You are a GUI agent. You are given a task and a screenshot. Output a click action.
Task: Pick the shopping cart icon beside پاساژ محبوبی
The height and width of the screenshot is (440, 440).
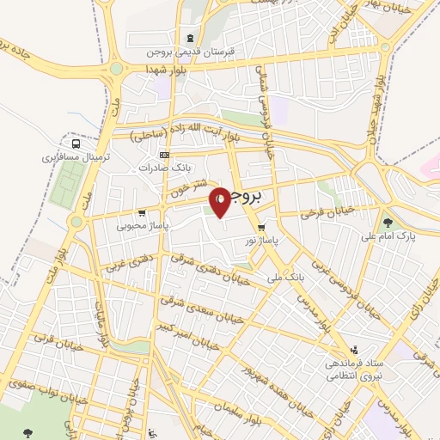point(154,213)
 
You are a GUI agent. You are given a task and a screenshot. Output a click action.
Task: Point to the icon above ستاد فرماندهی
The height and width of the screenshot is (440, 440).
point(354,350)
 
